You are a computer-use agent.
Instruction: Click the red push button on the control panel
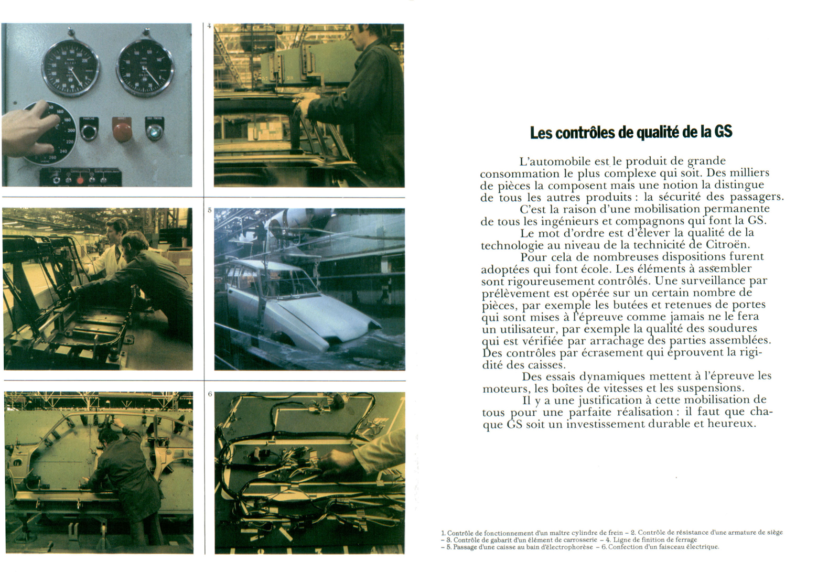tap(122, 131)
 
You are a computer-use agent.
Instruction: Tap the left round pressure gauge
tap(70, 68)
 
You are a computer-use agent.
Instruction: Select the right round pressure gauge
tap(145, 68)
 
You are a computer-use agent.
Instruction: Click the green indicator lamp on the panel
tap(155, 132)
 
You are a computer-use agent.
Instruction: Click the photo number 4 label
tap(209, 26)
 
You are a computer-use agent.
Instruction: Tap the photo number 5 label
tap(210, 211)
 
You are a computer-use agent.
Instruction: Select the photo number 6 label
tap(210, 394)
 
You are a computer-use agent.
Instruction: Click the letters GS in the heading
tap(723, 132)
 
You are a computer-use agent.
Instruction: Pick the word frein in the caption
tap(614, 533)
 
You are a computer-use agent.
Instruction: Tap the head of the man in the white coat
tap(116, 229)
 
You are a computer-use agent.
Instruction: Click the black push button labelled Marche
tap(89, 132)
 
